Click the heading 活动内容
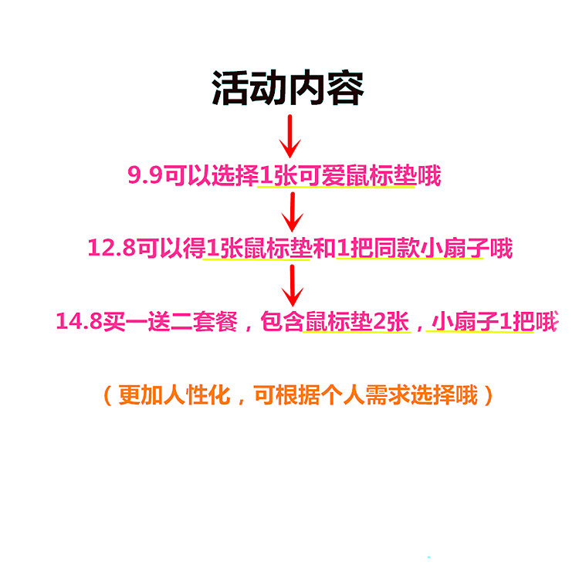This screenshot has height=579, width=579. tap(288, 89)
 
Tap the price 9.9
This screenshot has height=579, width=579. tap(144, 176)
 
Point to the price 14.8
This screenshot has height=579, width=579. tap(79, 322)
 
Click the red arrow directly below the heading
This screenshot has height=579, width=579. tap(290, 136)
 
